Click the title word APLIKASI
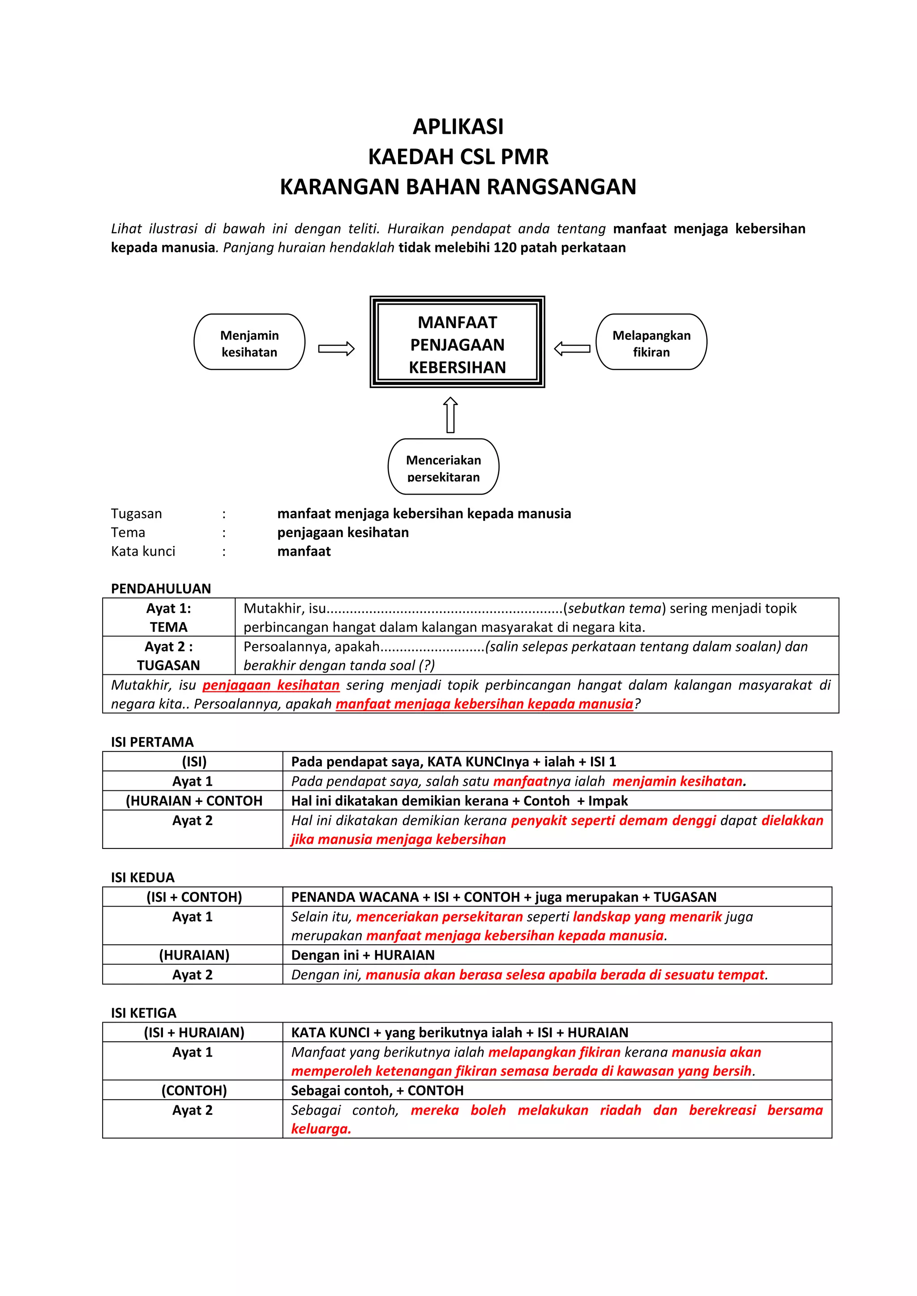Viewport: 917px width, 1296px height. click(458, 127)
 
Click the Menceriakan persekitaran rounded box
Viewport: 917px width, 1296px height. click(443, 467)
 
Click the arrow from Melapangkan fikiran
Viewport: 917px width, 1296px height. click(572, 349)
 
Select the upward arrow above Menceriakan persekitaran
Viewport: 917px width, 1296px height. click(450, 415)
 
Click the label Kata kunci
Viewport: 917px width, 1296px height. click(143, 551)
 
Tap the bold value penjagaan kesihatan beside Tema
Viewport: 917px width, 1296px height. click(343, 532)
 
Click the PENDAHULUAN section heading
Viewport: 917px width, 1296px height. click(161, 589)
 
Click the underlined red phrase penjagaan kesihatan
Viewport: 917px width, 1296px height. click(271, 685)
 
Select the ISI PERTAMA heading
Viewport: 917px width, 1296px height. click(152, 742)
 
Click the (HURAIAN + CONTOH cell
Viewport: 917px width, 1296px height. click(194, 801)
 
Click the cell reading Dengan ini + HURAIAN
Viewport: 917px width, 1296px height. click(363, 955)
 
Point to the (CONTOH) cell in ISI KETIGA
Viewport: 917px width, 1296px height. click(194, 1091)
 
